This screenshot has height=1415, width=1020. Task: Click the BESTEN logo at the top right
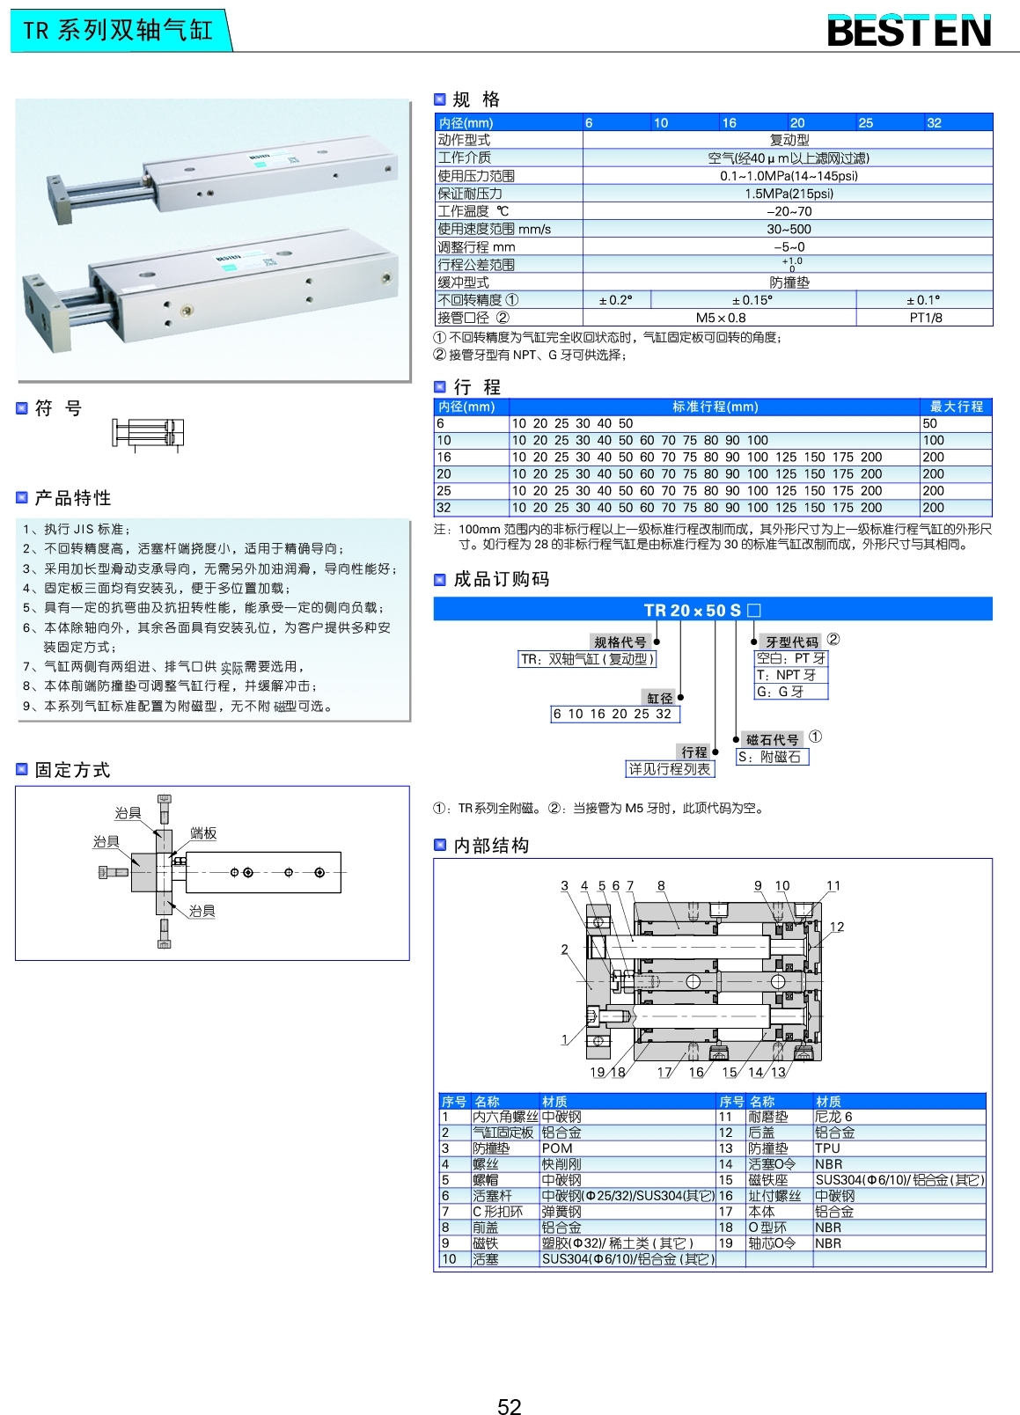point(908,32)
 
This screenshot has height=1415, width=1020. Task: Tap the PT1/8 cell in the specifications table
point(925,318)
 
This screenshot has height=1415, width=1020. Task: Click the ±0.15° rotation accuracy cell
point(752,300)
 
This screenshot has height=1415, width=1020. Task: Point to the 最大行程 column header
point(956,407)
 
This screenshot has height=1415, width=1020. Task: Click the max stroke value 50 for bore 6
point(930,423)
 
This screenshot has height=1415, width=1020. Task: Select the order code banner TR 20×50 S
point(702,610)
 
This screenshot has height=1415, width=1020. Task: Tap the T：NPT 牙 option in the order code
point(787,675)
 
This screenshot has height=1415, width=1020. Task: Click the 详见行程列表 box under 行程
point(669,769)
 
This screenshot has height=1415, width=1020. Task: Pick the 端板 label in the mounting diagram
point(203,833)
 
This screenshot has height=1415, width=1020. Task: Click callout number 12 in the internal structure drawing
point(836,927)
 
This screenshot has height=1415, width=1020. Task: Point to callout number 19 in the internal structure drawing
point(598,1072)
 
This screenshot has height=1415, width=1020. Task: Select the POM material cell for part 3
point(557,1148)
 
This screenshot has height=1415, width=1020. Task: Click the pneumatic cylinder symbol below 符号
point(148,433)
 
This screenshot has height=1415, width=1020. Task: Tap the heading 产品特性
point(73,498)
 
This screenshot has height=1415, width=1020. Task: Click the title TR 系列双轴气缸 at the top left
point(118,31)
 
